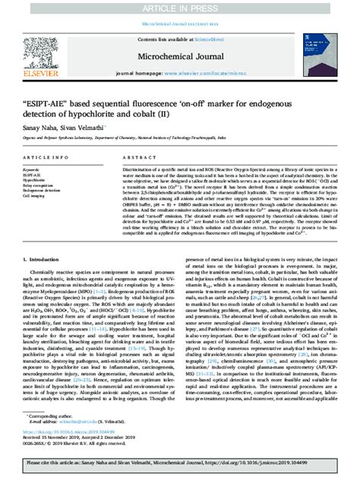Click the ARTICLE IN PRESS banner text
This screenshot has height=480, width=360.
tap(180, 8)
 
